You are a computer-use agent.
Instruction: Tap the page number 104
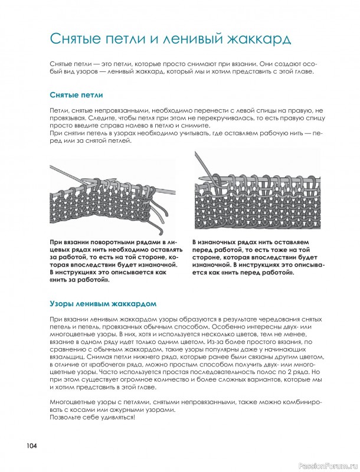(32, 446)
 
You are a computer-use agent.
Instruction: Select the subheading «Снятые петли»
(77, 95)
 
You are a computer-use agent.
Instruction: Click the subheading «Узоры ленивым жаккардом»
(103, 304)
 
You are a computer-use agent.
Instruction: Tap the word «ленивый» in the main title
(193, 39)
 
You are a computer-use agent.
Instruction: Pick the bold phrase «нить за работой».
(79, 280)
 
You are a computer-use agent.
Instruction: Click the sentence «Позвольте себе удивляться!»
(93, 418)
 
